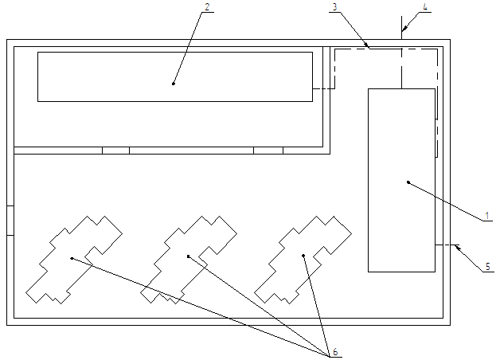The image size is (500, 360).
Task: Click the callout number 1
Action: click(x=486, y=216)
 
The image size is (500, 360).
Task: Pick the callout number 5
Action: click(x=488, y=267)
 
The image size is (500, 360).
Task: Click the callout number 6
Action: click(x=334, y=351)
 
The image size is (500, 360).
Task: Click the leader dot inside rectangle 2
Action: click(x=174, y=83)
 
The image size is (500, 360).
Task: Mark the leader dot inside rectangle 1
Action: click(x=408, y=182)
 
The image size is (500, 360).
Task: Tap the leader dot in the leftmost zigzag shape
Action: click(x=72, y=258)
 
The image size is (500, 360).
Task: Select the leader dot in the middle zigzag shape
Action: click(x=188, y=256)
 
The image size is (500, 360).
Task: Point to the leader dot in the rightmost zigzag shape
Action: click(x=304, y=256)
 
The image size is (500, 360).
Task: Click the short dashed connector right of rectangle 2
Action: click(x=320, y=88)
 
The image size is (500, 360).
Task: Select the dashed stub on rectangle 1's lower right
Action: click(x=445, y=245)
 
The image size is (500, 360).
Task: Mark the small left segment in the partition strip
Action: click(x=115, y=150)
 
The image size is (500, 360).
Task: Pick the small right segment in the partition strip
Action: click(x=268, y=150)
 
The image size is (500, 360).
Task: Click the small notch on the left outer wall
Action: click(x=10, y=221)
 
